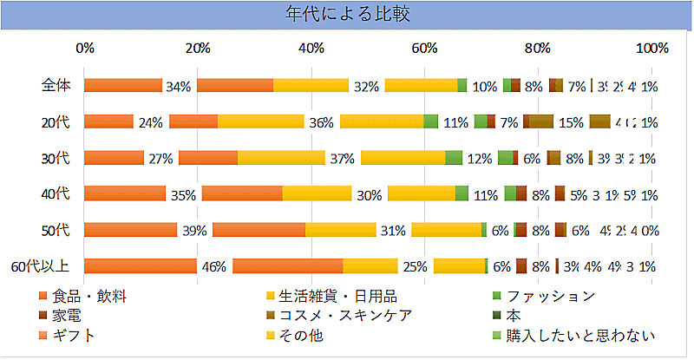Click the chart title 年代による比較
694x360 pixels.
(x=347, y=14)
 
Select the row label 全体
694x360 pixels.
(x=58, y=85)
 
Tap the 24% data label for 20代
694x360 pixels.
(x=151, y=122)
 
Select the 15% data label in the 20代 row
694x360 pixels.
(x=571, y=122)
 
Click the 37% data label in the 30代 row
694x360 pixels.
(x=343, y=159)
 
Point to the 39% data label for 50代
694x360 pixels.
(x=194, y=231)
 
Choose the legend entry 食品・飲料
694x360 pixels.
(x=89, y=297)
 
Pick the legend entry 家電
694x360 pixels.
(x=66, y=316)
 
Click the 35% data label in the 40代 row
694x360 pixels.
(x=183, y=195)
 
